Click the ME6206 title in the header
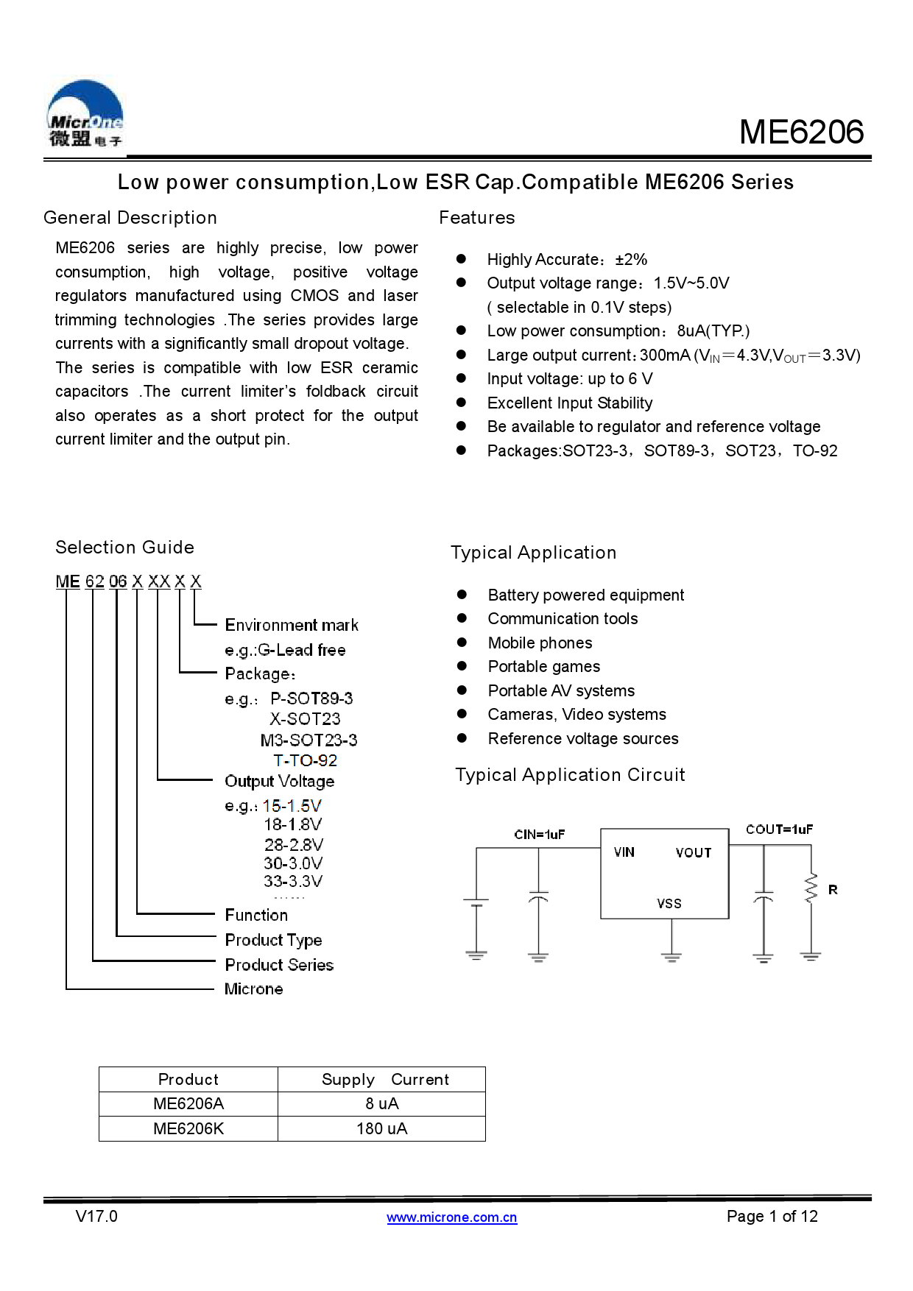pos(801,132)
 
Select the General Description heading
pos(130,218)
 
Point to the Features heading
pos(477,218)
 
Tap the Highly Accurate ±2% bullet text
pos(567,260)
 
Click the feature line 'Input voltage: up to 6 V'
pos(570,379)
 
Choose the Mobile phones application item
pos(540,643)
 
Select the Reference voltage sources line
pos(583,739)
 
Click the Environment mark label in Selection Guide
pos(292,626)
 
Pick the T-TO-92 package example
pos(305,760)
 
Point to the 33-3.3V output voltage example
pos(293,881)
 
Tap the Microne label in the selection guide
pos(253,989)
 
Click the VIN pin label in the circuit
pos(624,852)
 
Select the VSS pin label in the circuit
pos(669,904)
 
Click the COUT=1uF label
pos(779,830)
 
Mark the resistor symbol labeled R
pos(811,888)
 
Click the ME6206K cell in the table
pos(188,1129)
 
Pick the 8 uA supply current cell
pos(381,1104)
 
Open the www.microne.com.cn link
pos(452,1217)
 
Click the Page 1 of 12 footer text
pos(772,1217)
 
